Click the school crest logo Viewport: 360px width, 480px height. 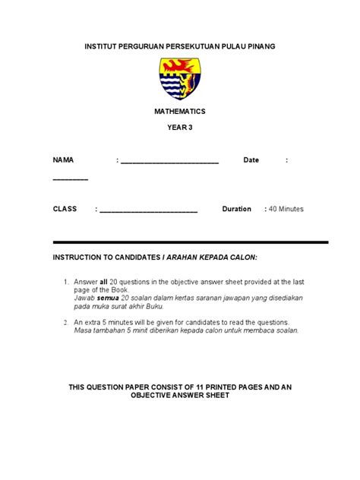tap(180, 79)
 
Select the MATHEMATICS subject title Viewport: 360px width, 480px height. tap(180, 112)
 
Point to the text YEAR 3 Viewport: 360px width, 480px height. tap(180, 128)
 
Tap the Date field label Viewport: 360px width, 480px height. tap(251, 160)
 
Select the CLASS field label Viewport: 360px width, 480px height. tap(65, 209)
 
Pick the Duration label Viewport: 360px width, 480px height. tap(236, 209)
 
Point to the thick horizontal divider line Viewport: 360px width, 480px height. tap(190, 242)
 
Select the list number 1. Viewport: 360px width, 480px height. tap(65, 282)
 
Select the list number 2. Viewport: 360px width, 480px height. tap(65, 322)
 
